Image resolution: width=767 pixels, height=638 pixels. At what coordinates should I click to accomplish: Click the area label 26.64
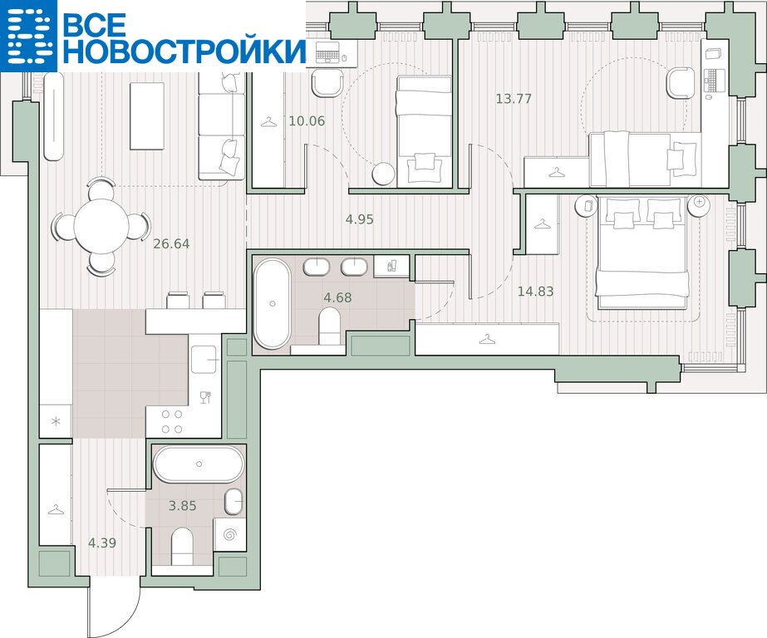click(x=171, y=243)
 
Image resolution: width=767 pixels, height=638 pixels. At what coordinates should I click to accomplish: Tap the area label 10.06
click(x=307, y=120)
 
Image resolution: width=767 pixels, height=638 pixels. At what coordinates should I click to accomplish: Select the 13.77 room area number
click(x=513, y=98)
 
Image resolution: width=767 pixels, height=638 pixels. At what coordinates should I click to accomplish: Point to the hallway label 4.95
click(x=360, y=219)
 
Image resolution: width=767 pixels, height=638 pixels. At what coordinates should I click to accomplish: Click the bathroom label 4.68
click(x=337, y=297)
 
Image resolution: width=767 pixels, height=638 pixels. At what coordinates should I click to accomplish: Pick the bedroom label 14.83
click(x=536, y=292)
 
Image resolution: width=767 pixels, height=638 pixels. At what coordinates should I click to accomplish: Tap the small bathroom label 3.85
click(x=183, y=506)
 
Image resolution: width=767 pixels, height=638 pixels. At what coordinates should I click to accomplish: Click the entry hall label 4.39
click(x=102, y=542)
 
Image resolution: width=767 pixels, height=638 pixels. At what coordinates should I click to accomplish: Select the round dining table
click(x=101, y=226)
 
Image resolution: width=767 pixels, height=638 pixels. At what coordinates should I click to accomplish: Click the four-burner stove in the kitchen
click(x=172, y=421)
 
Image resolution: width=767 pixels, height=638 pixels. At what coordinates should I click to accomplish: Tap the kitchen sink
click(x=204, y=360)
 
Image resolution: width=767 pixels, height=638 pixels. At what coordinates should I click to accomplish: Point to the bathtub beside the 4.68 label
click(x=272, y=303)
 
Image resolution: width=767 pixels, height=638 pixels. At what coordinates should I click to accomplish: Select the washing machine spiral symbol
click(x=230, y=535)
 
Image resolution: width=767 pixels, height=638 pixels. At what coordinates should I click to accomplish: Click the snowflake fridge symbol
click(x=57, y=421)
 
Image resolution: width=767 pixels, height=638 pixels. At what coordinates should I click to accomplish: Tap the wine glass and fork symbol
click(x=205, y=397)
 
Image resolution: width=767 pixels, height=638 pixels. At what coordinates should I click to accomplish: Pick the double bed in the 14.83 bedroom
click(x=642, y=253)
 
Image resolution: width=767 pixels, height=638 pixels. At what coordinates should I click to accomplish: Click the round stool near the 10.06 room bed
click(x=383, y=174)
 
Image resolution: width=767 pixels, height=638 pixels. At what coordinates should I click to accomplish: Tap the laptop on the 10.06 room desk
click(x=327, y=52)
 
